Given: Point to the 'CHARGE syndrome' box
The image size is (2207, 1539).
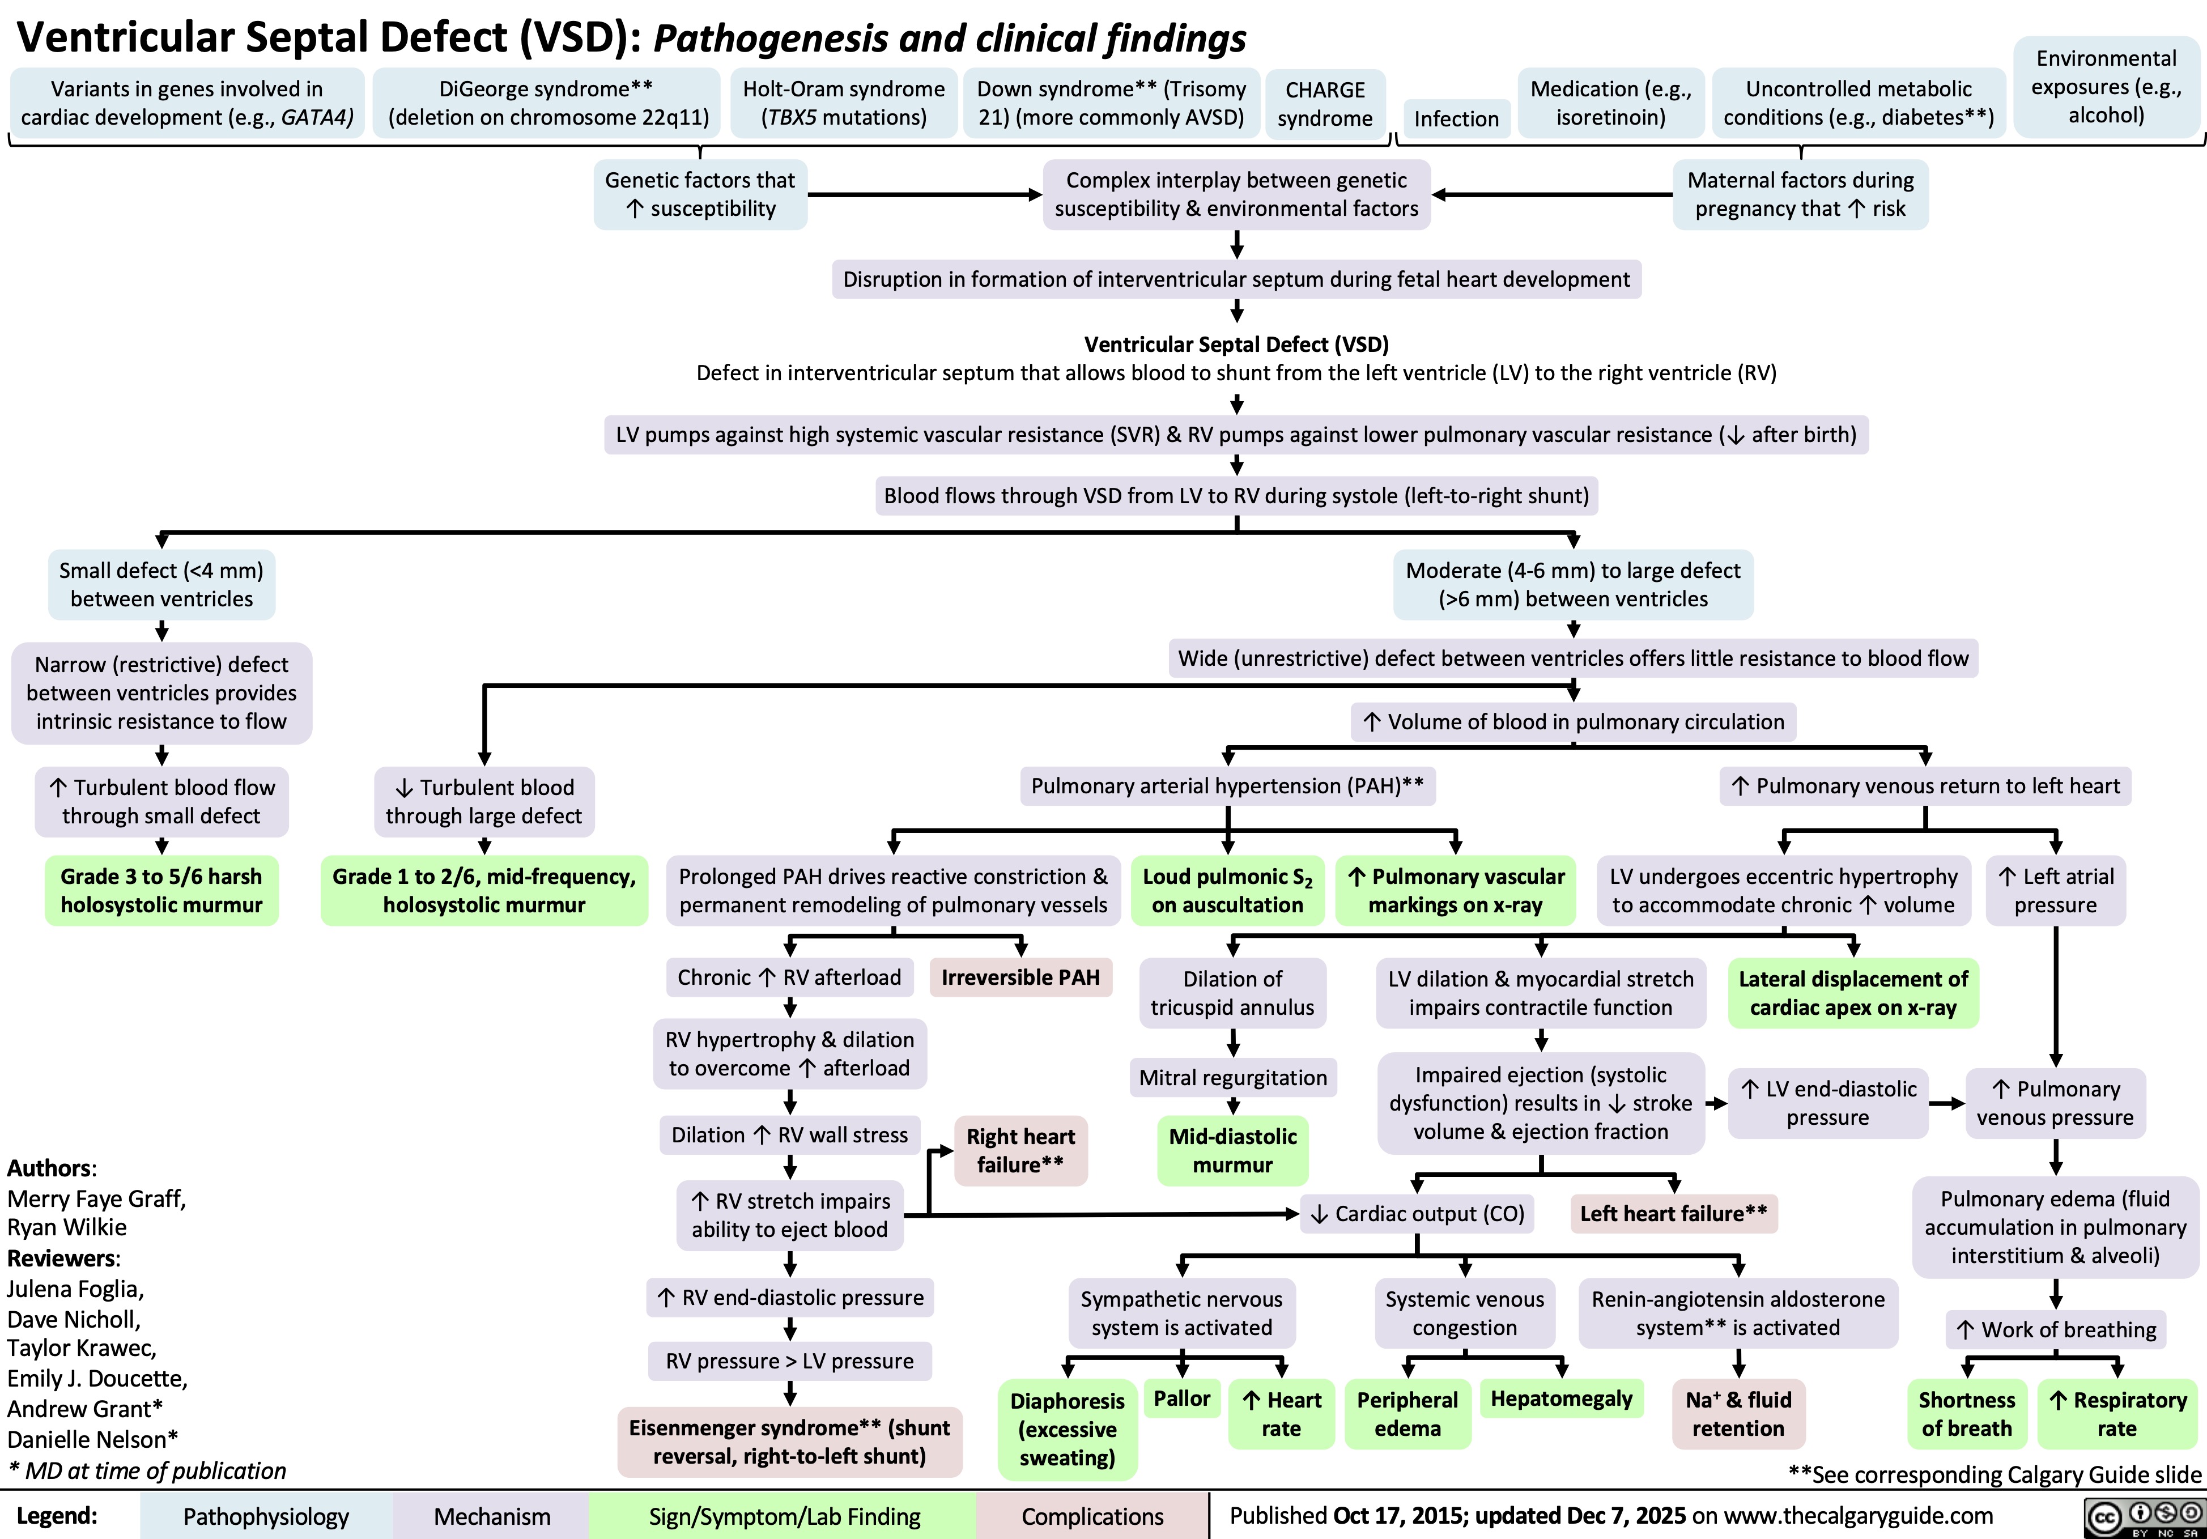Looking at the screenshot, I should [x=1325, y=104].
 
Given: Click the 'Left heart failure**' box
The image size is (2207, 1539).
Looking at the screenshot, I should [x=1673, y=1213].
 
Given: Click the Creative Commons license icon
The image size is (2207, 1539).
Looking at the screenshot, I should [x=2142, y=1517].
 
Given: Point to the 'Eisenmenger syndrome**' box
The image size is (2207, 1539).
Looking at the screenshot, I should [x=789, y=1441].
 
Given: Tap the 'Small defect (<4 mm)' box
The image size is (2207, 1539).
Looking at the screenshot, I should [x=161, y=584].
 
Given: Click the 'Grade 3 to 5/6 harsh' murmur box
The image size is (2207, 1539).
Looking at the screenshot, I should [x=161, y=890].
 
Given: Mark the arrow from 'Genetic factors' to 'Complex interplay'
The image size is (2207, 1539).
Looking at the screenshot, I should [x=924, y=195].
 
